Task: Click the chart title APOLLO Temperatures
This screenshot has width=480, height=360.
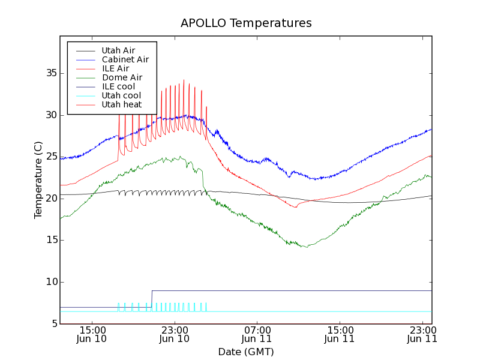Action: point(246,23)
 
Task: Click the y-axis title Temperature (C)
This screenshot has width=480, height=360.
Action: point(38,180)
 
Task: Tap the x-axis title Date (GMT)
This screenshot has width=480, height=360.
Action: point(246,352)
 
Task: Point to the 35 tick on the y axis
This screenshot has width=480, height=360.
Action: point(49,73)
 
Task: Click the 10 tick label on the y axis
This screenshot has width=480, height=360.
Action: point(49,282)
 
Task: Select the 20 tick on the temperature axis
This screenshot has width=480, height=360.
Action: point(49,199)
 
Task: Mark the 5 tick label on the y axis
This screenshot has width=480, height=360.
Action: point(52,324)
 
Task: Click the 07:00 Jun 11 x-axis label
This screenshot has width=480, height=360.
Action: point(257,334)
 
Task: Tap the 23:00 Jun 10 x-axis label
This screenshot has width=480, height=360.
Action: point(174,334)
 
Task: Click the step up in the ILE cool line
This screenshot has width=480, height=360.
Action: point(152,299)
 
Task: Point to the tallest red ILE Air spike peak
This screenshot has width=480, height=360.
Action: point(184,80)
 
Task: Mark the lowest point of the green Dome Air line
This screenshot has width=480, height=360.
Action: point(307,247)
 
